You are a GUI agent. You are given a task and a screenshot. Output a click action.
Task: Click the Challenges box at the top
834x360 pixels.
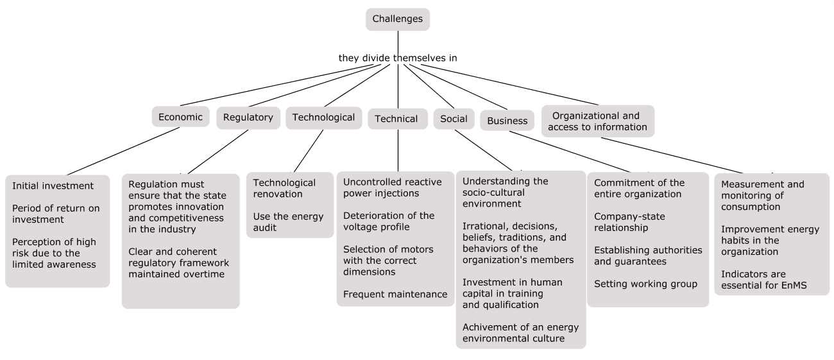398,19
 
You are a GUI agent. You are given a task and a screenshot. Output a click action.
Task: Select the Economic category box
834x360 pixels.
180,117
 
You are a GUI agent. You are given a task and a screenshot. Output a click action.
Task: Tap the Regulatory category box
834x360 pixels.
248,117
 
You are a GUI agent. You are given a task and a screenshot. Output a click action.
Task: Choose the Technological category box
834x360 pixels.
323,117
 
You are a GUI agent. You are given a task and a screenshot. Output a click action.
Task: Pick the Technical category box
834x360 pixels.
396,119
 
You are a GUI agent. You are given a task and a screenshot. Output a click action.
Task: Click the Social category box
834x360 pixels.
454,119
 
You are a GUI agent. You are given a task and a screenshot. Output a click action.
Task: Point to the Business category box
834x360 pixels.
507,120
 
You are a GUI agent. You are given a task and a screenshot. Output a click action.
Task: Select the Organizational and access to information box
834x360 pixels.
597,121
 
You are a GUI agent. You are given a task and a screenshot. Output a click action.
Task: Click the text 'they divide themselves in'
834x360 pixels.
398,58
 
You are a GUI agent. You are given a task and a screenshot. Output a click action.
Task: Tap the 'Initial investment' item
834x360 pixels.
53,186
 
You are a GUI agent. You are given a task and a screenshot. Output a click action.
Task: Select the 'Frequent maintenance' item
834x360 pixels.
395,295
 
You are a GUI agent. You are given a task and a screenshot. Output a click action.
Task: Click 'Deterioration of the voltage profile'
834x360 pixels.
389,221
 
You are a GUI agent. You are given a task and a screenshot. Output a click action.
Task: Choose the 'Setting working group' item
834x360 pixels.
645,284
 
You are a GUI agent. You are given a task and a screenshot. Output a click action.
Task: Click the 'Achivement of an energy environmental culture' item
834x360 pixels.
514,332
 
